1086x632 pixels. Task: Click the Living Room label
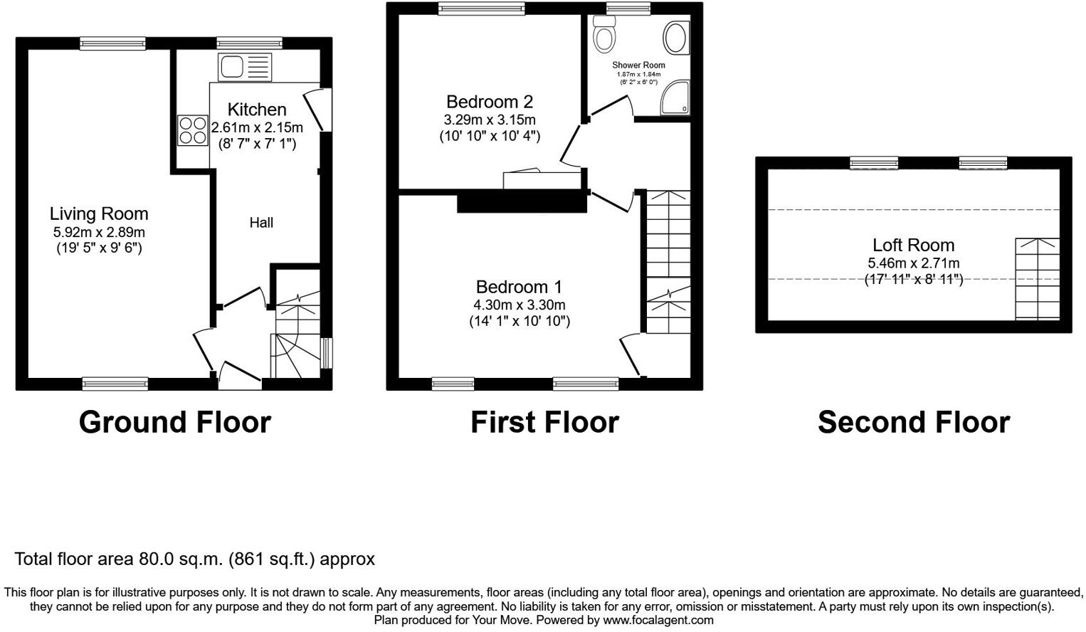99,214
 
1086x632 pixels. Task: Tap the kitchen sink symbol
245,68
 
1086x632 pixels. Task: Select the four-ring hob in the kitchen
193,130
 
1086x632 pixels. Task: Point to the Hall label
261,223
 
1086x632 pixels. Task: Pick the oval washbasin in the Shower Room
675,38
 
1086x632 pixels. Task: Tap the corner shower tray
675,98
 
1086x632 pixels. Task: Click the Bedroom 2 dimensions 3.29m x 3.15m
490,120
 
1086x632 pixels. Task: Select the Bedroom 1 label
519,287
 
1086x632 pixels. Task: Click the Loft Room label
913,245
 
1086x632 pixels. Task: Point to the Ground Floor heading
175,422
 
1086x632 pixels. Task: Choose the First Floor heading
544,422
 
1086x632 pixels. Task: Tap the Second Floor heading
913,422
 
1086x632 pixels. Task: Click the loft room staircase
1037,279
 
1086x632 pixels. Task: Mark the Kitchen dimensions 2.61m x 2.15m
257,127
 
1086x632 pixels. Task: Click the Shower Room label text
638,65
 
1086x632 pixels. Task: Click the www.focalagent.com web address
658,620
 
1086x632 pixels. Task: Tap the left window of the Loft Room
874,163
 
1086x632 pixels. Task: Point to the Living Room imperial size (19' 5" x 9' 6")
99,248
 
